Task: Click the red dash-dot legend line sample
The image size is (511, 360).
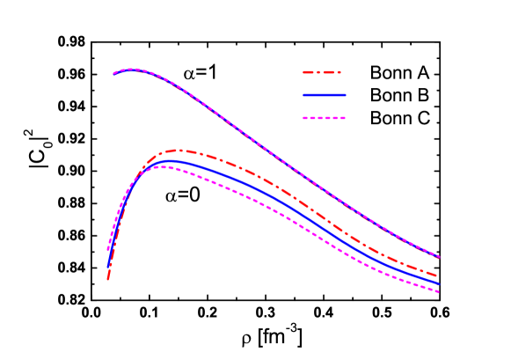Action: [x=322, y=72]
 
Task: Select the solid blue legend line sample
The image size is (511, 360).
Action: [x=324, y=95]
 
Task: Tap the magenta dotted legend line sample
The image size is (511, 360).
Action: [x=324, y=117]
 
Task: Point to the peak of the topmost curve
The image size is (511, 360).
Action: [x=130, y=69]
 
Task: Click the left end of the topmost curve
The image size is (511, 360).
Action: [x=113, y=73]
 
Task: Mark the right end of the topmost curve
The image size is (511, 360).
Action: [x=439, y=256]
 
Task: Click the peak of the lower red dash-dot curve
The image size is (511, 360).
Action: [x=179, y=151]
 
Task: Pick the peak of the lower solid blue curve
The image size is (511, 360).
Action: [x=169, y=161]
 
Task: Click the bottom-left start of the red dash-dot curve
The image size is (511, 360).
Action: [x=108, y=279]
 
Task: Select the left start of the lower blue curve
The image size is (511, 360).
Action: [x=108, y=265]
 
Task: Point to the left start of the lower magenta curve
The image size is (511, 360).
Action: [x=108, y=250]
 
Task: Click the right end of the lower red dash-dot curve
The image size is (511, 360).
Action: [x=439, y=276]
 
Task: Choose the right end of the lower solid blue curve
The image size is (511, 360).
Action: [x=439, y=283]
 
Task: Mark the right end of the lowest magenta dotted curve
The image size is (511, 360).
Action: [x=439, y=291]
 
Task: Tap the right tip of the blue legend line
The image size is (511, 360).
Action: [x=346, y=95]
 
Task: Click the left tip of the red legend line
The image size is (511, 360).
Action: [x=303, y=72]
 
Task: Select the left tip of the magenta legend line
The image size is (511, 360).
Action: [x=303, y=117]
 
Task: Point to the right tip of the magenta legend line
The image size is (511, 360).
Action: [x=346, y=117]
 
